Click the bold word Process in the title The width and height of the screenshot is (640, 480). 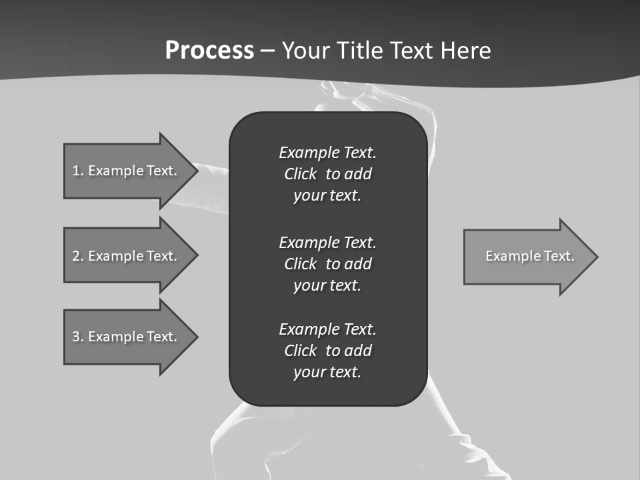click(209, 51)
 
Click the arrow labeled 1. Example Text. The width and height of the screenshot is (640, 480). click(125, 171)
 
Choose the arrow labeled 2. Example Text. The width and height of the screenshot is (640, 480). click(125, 256)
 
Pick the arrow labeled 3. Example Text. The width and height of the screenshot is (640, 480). click(125, 337)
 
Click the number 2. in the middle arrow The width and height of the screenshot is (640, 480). click(78, 256)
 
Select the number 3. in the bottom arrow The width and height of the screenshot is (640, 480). click(78, 337)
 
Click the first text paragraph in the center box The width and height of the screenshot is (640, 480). click(327, 174)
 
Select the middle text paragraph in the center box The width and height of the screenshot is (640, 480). click(327, 263)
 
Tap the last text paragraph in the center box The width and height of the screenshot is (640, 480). click(327, 351)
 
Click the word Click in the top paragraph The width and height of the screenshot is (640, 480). click(300, 174)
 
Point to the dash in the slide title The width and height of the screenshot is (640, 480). click(268, 51)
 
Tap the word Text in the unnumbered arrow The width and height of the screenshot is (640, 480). click(559, 256)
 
